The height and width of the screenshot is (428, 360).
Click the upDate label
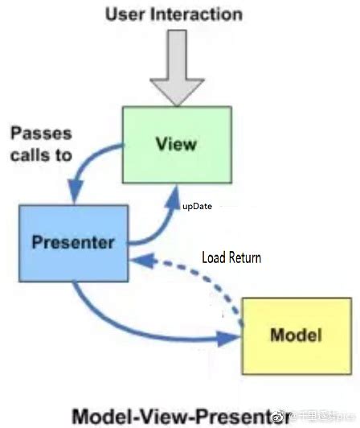pyautogui.click(x=198, y=206)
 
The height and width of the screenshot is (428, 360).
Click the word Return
pyautogui.click(x=244, y=258)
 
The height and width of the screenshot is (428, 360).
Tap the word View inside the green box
pyautogui.click(x=176, y=145)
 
